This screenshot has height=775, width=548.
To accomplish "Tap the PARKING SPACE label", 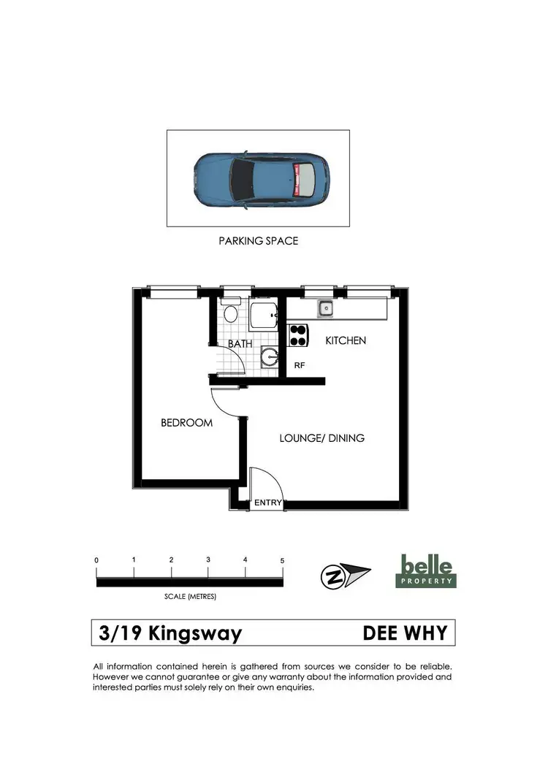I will tap(259, 240).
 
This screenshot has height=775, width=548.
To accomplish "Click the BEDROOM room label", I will tap(186, 423).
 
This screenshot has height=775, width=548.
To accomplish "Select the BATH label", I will tap(240, 343).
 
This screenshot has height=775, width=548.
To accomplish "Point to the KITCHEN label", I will tap(346, 340).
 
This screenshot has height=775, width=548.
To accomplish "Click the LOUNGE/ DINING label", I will tap(322, 438).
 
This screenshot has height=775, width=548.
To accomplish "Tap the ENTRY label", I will tap(267, 503).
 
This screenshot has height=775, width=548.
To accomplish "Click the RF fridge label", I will tap(299, 365).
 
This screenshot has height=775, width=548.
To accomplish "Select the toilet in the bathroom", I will tap(230, 313).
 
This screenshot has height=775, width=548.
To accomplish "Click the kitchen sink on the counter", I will tap(324, 309).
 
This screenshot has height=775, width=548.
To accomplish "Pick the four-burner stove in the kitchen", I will tap(297, 335).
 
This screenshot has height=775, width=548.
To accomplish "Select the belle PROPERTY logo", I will tap(427, 570).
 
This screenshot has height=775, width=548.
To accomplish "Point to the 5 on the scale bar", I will tap(282, 560).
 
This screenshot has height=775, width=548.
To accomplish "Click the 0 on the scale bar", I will tap(96, 560).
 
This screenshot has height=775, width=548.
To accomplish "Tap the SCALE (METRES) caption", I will tap(189, 596).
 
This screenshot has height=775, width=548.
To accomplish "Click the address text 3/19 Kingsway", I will tap(170, 633).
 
